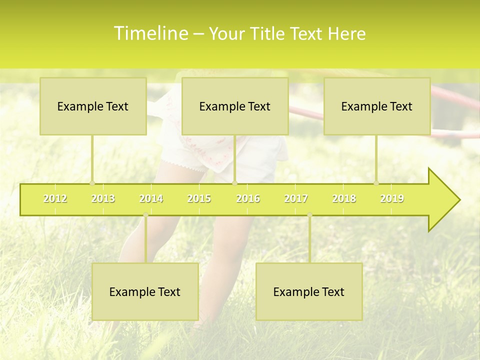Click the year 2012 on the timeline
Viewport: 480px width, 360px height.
click(55, 198)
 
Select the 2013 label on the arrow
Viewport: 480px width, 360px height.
click(103, 198)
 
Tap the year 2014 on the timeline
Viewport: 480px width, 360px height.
click(151, 198)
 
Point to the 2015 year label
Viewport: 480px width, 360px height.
click(199, 198)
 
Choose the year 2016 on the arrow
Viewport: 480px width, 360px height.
click(248, 198)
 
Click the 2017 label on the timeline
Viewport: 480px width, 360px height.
click(296, 198)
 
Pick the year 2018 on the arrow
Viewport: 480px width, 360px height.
click(344, 198)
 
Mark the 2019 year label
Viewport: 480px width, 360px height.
click(392, 198)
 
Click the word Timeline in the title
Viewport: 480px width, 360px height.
click(150, 33)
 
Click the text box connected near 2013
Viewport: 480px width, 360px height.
click(93, 106)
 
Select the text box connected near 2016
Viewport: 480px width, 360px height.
click(235, 106)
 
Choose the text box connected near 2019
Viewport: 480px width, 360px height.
click(377, 106)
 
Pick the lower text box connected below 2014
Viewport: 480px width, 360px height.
click(145, 291)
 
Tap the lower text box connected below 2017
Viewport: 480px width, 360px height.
click(309, 291)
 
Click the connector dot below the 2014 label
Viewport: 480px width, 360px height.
click(145, 215)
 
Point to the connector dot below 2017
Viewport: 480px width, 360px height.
click(309, 215)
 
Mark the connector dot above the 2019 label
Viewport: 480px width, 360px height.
click(376, 183)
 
